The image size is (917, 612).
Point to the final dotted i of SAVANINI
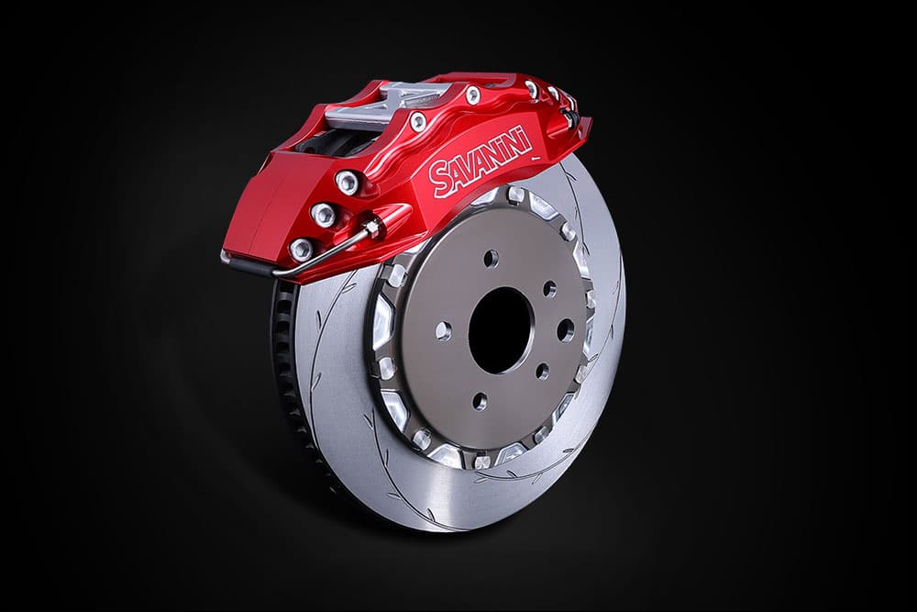(x=527, y=139)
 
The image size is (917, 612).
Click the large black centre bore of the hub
(x=500, y=330)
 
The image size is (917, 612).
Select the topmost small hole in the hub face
(x=491, y=258)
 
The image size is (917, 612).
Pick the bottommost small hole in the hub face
(x=480, y=401)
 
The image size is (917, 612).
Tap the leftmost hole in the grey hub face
(x=444, y=330)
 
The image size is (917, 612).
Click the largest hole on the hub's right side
(x=566, y=330)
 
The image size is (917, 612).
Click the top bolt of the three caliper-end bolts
(x=347, y=182)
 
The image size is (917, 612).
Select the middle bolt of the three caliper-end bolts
(x=324, y=214)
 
